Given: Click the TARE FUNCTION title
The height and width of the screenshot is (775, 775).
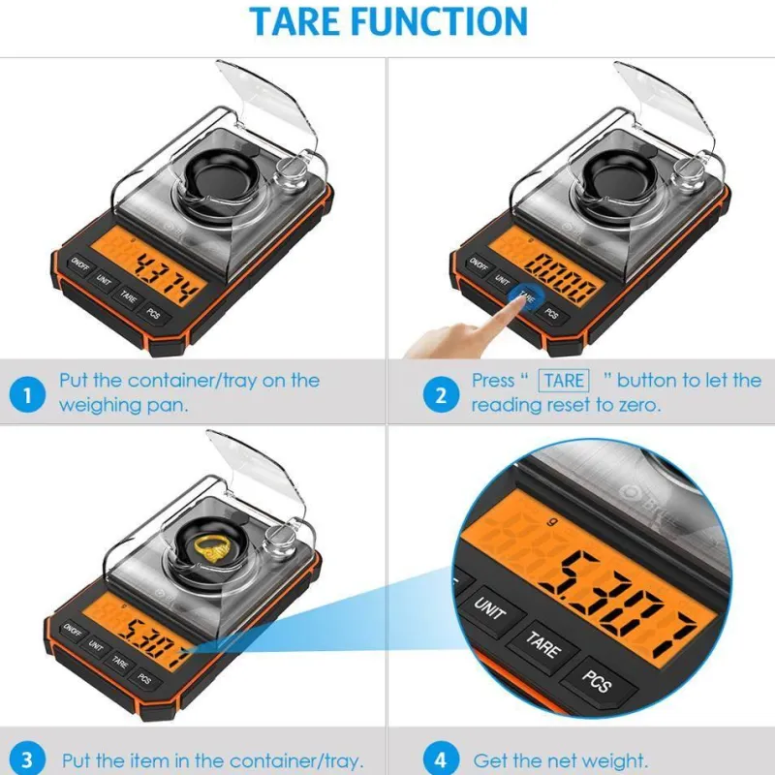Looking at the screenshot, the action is (x=388, y=21).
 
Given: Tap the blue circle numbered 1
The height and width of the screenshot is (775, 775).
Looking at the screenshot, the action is (x=27, y=395).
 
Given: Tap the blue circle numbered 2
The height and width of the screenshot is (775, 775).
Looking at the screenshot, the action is (x=441, y=395).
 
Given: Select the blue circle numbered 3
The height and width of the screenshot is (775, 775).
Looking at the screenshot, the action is (x=27, y=759).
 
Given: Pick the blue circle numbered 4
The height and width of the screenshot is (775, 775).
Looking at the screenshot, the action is (x=441, y=759).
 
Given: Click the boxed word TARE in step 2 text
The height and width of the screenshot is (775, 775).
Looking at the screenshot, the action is (x=564, y=381).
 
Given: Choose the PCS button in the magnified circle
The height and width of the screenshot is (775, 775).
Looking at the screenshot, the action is (x=597, y=682).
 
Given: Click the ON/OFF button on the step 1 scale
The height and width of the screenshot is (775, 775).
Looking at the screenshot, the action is (x=79, y=264).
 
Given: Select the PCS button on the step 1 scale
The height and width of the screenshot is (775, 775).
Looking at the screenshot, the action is (x=153, y=313).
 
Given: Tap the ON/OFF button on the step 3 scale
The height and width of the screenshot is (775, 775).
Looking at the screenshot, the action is (x=72, y=631).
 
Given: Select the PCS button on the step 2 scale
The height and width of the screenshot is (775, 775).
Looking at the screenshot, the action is (x=551, y=313).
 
